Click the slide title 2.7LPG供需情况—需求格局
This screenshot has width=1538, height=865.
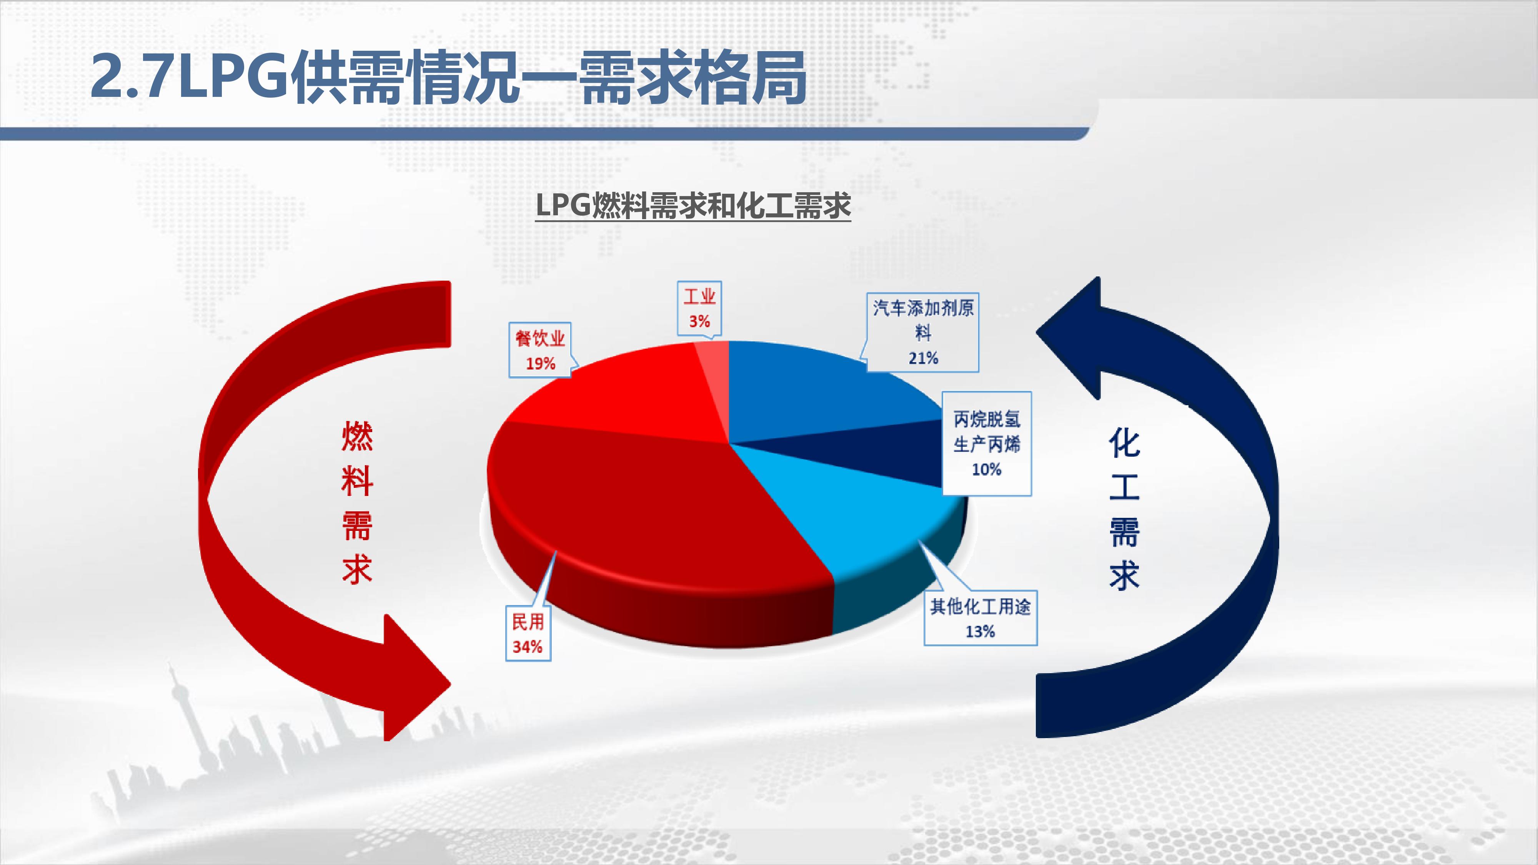click(x=448, y=78)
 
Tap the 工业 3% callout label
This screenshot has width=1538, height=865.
click(x=699, y=309)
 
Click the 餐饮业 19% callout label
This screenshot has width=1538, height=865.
click(x=540, y=350)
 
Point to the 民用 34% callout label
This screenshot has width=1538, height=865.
click(x=528, y=634)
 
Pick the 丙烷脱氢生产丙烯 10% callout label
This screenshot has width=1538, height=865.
click(x=986, y=444)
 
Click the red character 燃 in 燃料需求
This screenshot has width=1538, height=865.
click(x=357, y=436)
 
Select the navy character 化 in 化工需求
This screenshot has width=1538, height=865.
click(x=1124, y=442)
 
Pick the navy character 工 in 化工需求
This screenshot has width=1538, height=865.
click(x=1124, y=487)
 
